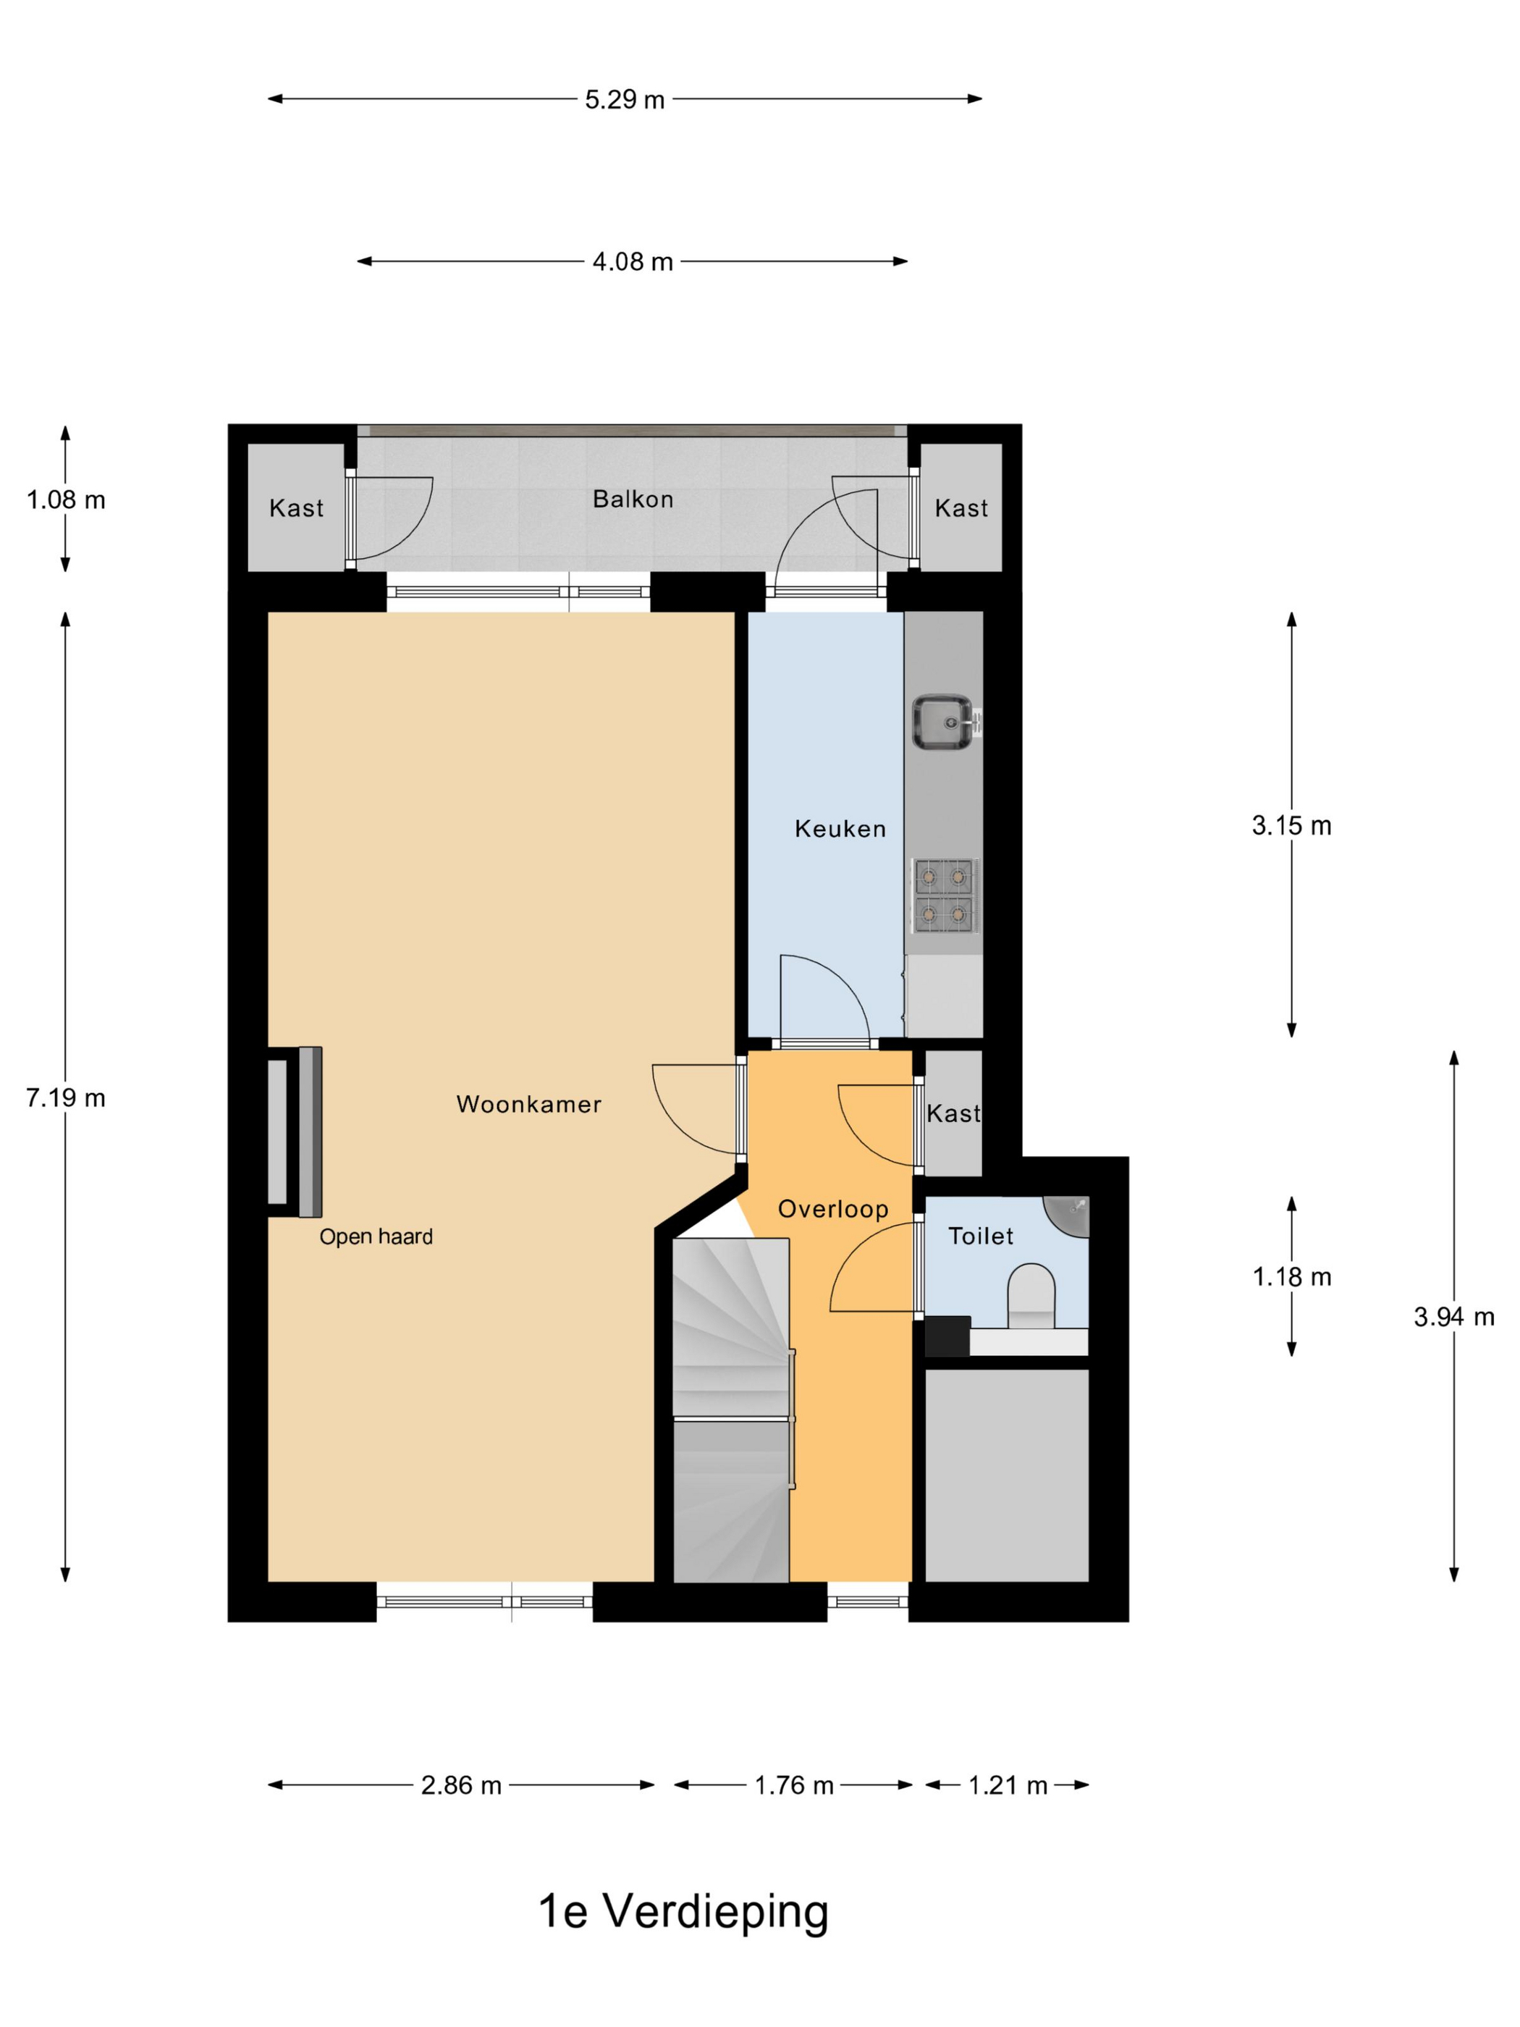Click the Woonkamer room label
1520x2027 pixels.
coord(528,1104)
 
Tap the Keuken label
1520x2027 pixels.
coord(840,830)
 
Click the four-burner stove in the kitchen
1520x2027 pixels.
coord(945,895)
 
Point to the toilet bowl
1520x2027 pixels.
coord(1031,1296)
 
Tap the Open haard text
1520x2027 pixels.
coord(376,1237)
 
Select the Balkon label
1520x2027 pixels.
coord(632,500)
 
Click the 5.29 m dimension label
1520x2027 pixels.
coord(625,100)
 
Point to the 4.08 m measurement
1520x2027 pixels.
coord(632,262)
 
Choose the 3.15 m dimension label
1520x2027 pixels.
coord(1292,826)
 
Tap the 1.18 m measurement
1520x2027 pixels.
coord(1292,1276)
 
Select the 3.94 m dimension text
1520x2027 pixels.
coord(1454,1317)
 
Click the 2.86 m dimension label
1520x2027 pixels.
coord(461,1785)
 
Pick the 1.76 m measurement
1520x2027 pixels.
coord(793,1785)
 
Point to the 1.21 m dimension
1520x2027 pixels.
coord(1008,1785)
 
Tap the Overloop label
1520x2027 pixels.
coord(833,1210)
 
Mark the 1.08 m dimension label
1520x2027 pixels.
coord(66,500)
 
